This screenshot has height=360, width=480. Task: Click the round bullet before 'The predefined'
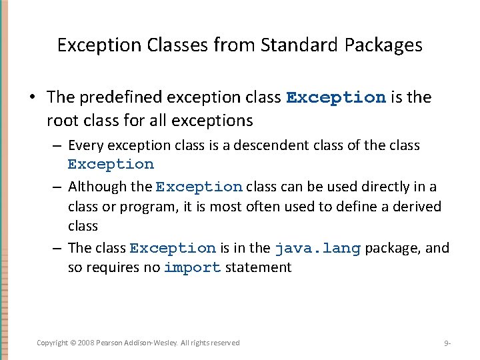[31, 97]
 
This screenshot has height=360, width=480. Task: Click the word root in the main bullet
[61, 121]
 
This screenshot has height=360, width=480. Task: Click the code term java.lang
[317, 248]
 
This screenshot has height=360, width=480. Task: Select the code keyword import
[192, 268]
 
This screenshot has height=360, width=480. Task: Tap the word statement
[259, 268]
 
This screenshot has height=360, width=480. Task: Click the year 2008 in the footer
[87, 343]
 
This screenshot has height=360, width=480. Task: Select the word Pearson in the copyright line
[113, 343]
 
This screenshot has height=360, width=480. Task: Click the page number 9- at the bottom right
[447, 343]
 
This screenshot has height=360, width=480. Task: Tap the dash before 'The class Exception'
[59, 248]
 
